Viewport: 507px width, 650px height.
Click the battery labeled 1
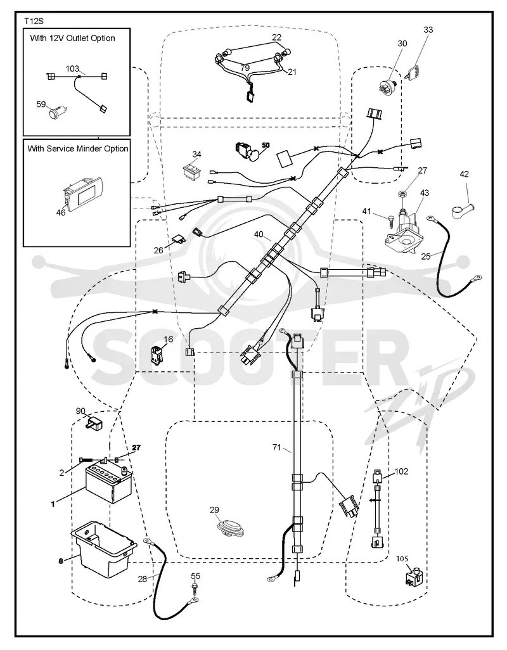point(109,483)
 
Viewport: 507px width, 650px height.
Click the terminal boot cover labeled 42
point(462,208)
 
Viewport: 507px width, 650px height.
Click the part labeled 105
point(414,577)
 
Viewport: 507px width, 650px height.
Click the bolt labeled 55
point(194,589)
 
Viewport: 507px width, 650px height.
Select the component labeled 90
point(94,423)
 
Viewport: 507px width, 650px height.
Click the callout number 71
point(276,447)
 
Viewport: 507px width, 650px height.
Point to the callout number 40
point(259,234)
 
